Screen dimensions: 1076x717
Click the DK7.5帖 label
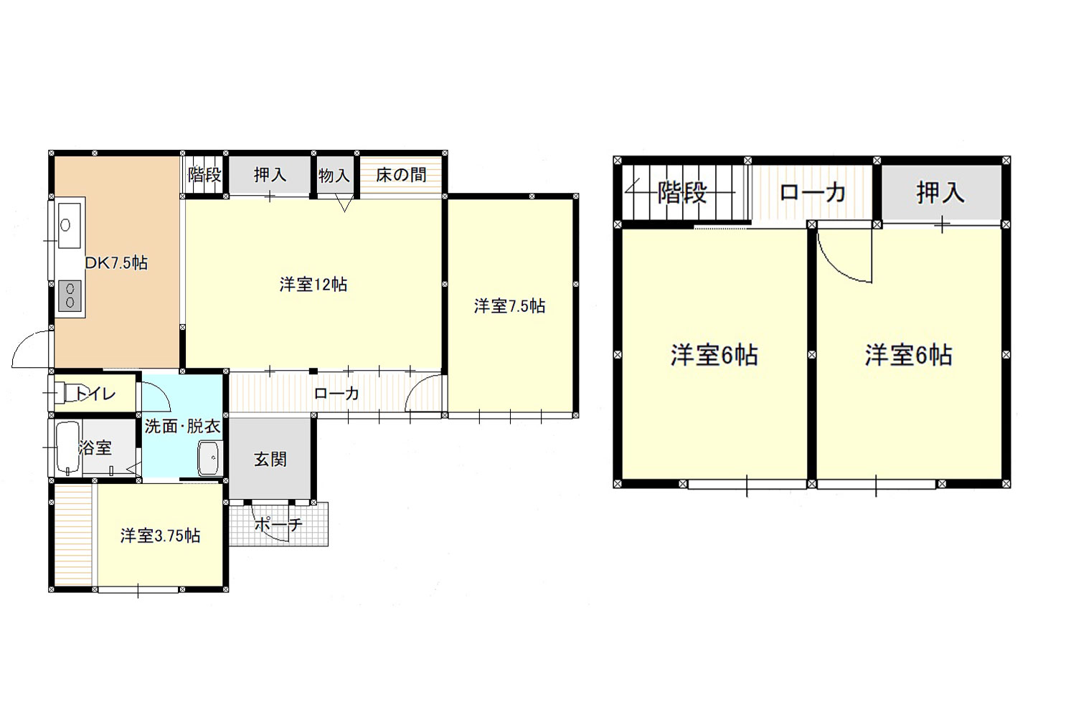pos(116,262)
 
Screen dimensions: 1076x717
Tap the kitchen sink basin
pos(70,225)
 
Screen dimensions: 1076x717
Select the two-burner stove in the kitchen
pos(70,295)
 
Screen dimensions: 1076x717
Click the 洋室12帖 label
pos(313,285)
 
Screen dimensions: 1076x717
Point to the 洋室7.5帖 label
pos(509,306)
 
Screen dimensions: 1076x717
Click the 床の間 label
pos(401,175)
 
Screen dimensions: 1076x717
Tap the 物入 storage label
pos(334,175)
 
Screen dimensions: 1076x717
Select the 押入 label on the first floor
pos(270,175)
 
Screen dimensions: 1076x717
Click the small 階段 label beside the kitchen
pos(204,175)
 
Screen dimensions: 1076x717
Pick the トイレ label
pos(95,394)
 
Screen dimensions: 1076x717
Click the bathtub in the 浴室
pos(68,447)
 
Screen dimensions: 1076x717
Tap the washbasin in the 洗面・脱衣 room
pos(209,458)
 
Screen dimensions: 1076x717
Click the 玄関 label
pos(270,460)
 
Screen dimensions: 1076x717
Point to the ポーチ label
pos(278,525)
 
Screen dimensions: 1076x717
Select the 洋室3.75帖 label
pos(160,536)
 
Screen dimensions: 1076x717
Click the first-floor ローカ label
pos(336,394)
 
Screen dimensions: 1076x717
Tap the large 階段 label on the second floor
pos(681,193)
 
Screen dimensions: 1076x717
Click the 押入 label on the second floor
pos(940,193)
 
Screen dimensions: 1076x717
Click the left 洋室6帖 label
pos(714,356)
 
